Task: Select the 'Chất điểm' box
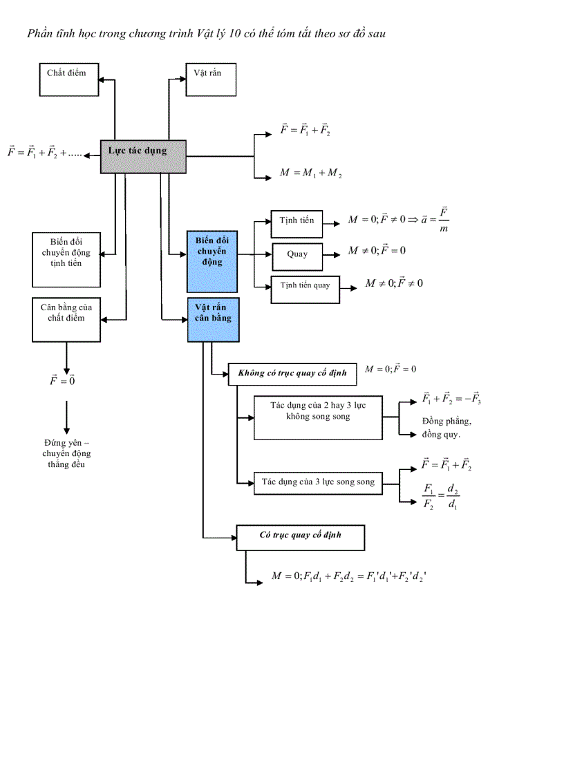[x=68, y=79]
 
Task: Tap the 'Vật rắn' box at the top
[x=211, y=79]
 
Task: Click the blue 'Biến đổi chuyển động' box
[x=212, y=261]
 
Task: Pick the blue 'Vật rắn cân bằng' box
[x=213, y=320]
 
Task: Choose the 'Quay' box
[x=297, y=254]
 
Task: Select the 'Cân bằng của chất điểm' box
[x=66, y=319]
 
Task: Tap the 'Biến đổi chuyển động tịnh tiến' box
[x=66, y=259]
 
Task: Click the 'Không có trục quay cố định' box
[x=292, y=374]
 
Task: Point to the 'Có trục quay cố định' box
[x=301, y=537]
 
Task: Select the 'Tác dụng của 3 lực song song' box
[x=317, y=482]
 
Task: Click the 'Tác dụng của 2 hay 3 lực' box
[x=318, y=417]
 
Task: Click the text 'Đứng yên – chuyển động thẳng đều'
[x=66, y=454]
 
